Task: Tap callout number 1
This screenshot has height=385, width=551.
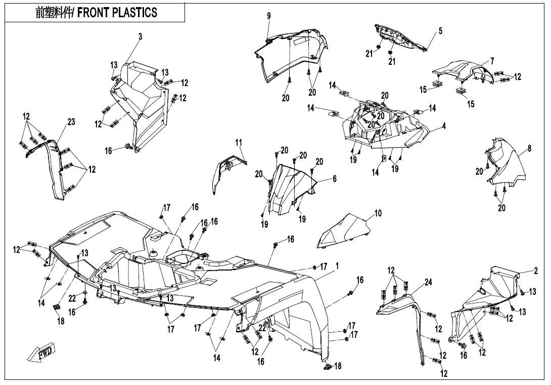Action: pos(337,265)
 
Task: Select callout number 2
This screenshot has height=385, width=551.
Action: pos(535,271)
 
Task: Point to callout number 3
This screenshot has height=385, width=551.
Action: pos(141,36)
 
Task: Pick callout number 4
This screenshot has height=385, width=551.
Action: pos(443,125)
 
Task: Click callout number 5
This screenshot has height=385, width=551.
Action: pos(440,31)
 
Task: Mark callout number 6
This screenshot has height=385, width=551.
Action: pos(334,179)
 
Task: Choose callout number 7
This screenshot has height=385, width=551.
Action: pos(492,61)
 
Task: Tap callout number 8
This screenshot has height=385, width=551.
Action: pos(529,148)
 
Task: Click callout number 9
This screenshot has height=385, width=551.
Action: pos(269,16)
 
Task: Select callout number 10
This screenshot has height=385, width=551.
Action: pos(378,213)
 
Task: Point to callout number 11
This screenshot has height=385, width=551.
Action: pos(239,143)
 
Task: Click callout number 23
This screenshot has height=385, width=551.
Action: pos(71,122)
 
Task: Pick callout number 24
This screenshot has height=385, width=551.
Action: pos(428,282)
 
